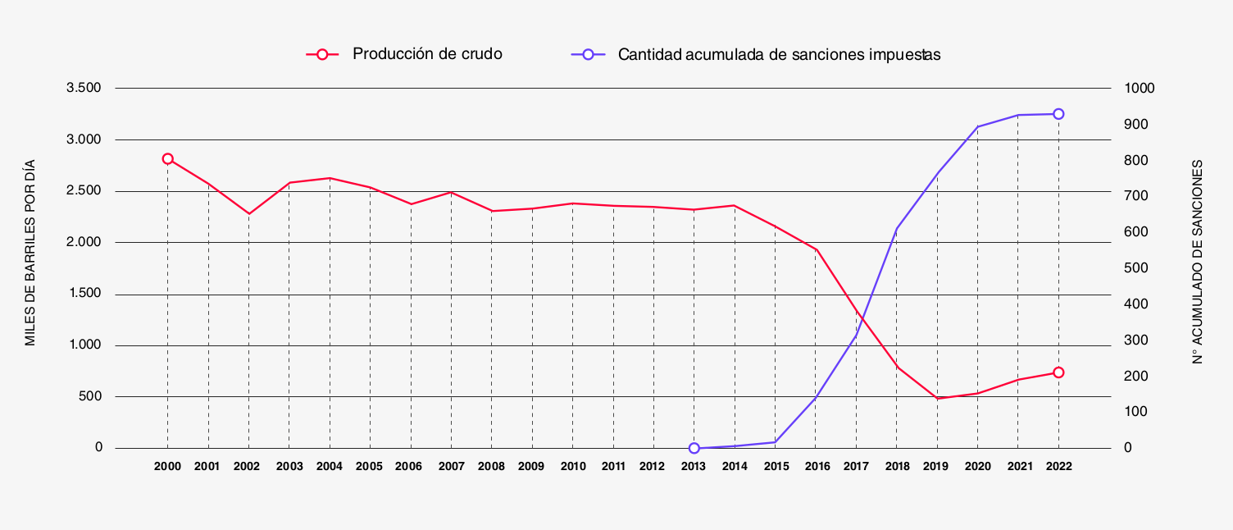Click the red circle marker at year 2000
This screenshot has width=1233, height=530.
[167, 159]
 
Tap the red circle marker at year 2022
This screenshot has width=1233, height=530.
[1058, 372]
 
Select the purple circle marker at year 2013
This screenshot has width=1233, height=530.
[694, 448]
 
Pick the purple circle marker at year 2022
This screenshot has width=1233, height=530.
[1058, 114]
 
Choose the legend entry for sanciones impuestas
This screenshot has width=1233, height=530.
[779, 55]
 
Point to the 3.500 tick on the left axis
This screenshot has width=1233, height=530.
[85, 88]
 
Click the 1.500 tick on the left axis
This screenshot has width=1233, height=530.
[85, 294]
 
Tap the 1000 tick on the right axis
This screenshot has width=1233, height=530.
[1139, 88]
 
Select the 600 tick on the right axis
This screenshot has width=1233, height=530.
[1135, 232]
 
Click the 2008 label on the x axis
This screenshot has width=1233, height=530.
[492, 467]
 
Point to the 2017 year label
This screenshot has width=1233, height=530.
[856, 467]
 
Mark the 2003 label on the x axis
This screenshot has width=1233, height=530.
[289, 467]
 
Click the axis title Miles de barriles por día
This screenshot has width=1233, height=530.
[30, 252]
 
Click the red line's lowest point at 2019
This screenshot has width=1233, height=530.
[936, 398]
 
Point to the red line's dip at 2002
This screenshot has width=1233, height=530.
[248, 214]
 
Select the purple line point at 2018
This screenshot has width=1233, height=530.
[896, 229]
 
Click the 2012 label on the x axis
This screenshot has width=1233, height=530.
[653, 467]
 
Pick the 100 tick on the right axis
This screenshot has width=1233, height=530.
[1135, 412]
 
